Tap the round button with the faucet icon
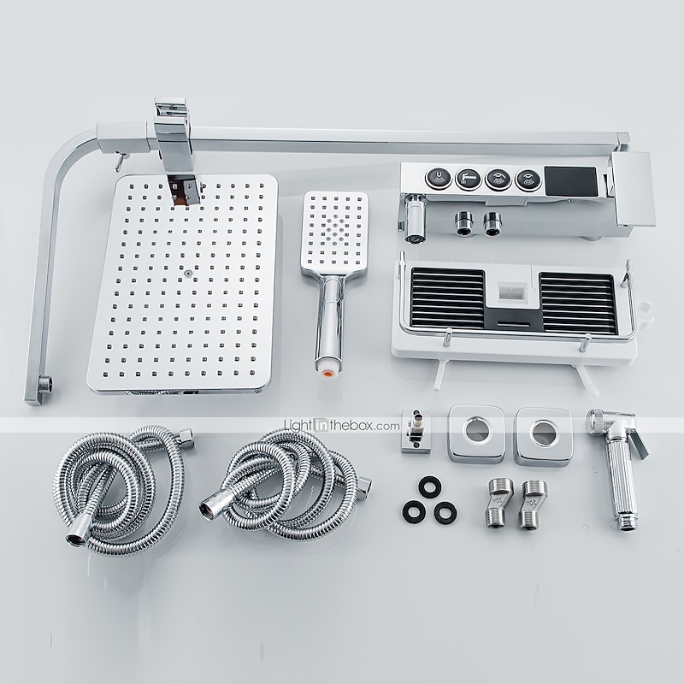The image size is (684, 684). pyautogui.click(x=468, y=179)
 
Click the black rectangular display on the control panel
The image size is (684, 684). pyautogui.click(x=571, y=181)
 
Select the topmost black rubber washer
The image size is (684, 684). pyautogui.click(x=430, y=486)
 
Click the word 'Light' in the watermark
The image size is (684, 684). pyautogui.click(x=298, y=425)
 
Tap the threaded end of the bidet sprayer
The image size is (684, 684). pyautogui.click(x=627, y=522)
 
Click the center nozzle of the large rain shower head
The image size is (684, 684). pyautogui.click(x=188, y=274)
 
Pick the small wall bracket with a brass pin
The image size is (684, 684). pyautogui.click(x=416, y=431)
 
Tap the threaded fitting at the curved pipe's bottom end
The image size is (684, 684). pyautogui.click(x=44, y=384)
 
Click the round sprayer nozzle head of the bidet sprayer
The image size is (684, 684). pyautogui.click(x=597, y=422)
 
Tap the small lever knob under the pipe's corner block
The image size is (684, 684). pyautogui.click(x=119, y=160)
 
